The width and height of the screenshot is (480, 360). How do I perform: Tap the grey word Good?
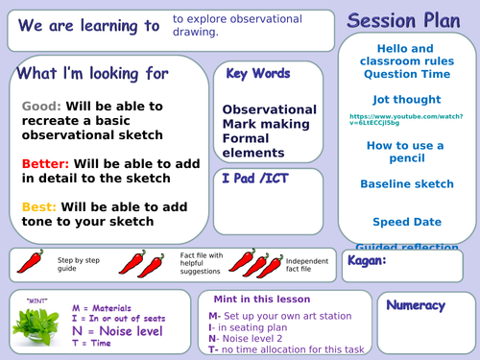pos(41,106)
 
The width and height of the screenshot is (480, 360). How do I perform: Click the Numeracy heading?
pos(418,305)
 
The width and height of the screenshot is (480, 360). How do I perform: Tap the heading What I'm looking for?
pos(94,73)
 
